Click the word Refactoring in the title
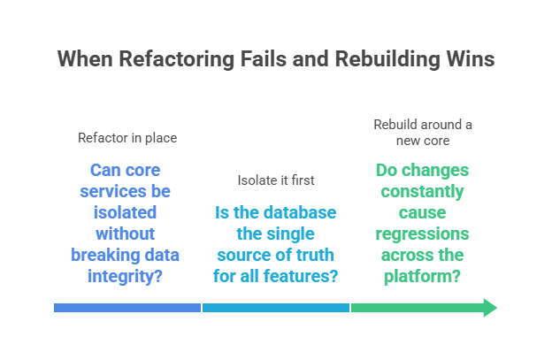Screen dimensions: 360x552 [161, 59]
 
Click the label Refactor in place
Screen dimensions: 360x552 [126, 138]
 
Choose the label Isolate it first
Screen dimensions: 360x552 [275, 180]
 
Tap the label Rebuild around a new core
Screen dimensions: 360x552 [422, 132]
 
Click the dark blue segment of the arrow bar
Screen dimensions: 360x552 [126, 308]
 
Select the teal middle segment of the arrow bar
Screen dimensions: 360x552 [275, 308]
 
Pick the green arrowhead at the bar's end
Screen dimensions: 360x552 [489, 308]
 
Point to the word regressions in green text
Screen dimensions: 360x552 [422, 234]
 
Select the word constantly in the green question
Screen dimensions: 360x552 [422, 191]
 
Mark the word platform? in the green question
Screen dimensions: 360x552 [422, 277]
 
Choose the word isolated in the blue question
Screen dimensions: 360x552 [126, 212]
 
